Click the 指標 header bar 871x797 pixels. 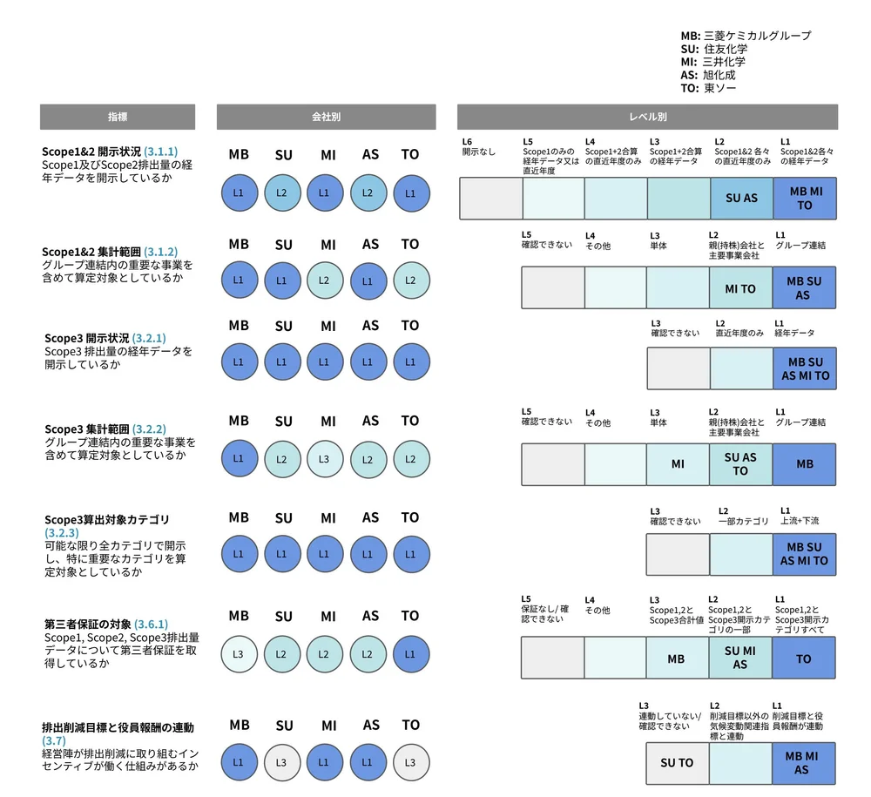coord(118,117)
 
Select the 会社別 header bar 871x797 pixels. coord(326,117)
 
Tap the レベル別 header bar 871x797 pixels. coord(647,117)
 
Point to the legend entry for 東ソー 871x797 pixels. coord(709,88)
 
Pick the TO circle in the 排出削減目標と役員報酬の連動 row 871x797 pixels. coord(410,762)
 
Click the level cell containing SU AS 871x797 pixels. coord(741,198)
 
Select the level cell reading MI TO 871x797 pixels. coord(741,288)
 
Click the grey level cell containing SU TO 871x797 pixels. coord(677,763)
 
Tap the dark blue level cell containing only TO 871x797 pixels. coord(804,659)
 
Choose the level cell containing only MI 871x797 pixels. coord(678,464)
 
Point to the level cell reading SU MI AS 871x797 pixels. coord(741,659)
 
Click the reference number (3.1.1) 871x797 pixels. coord(160,151)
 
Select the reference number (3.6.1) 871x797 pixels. coord(151,624)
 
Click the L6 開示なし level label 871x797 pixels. coord(478,146)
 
